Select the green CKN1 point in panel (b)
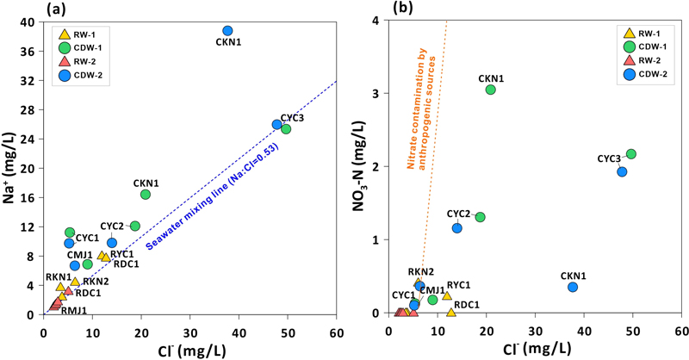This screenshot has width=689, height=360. coord(490,90)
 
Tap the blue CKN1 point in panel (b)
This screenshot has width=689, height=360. coord(573,287)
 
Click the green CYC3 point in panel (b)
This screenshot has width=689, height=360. coord(631,154)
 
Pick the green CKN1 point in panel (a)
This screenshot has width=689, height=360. coord(146,195)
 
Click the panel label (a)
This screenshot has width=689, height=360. coord(57,11)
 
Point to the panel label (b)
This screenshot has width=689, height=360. coord(404,9)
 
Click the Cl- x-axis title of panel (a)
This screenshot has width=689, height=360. coord(190,348)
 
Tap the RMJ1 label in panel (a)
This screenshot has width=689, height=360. coord(72,310)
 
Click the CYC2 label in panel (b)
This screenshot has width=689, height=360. coord(458,214)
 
